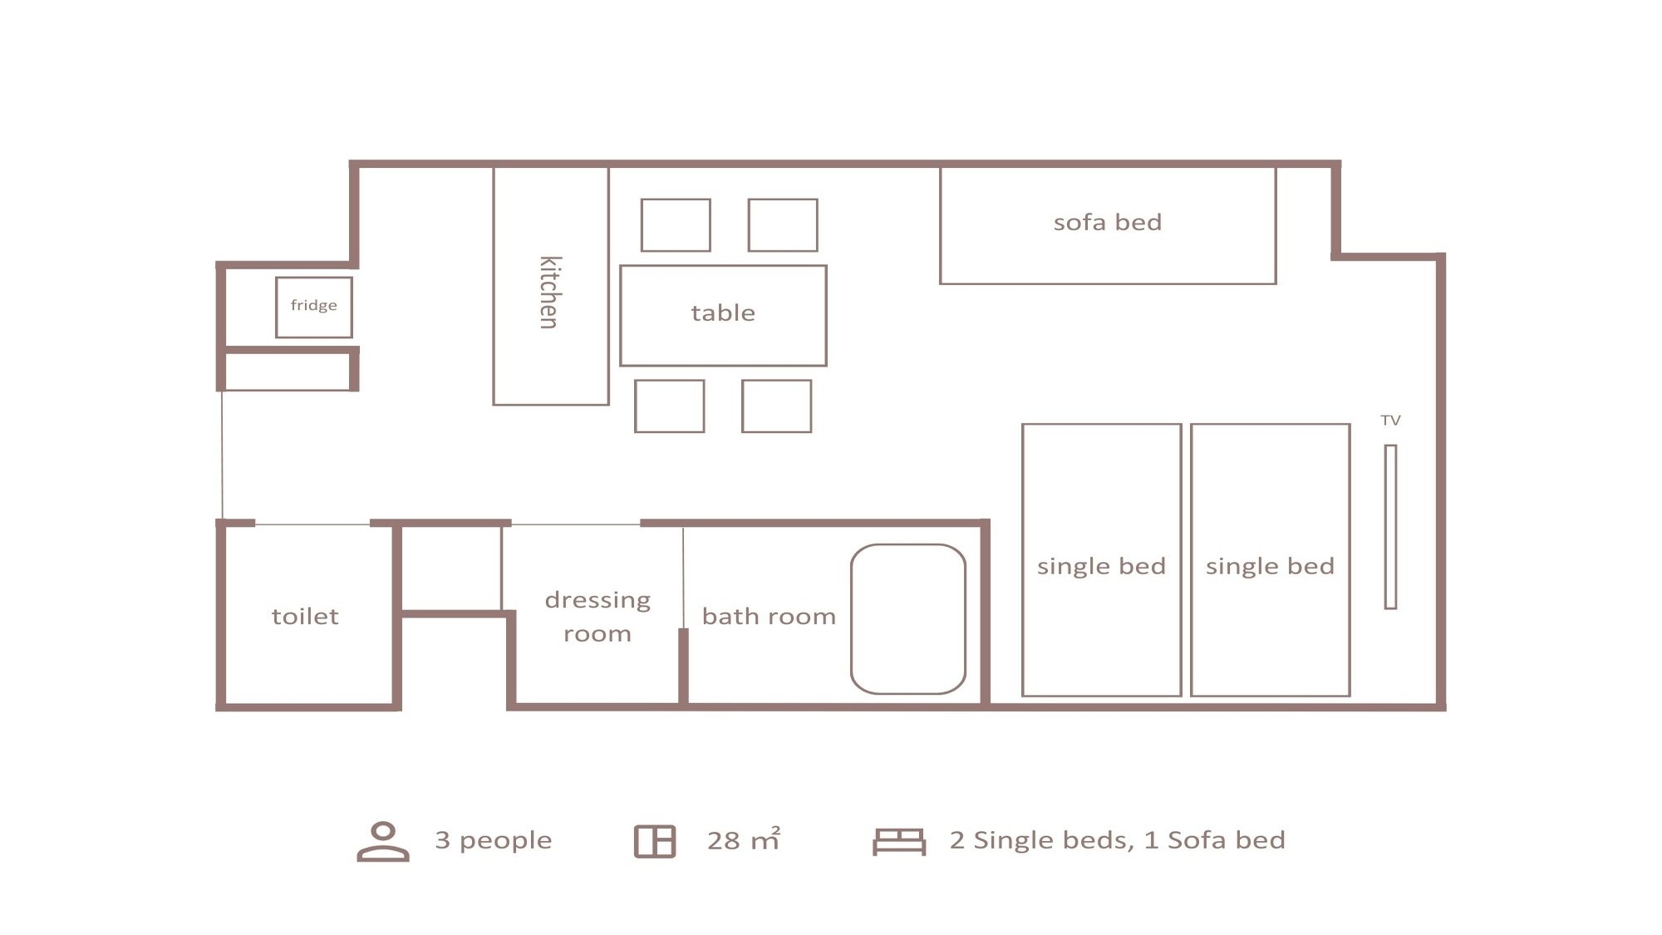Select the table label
coord(723,313)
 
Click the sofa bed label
coord(1108,222)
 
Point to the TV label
coord(1390,421)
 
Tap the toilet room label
coord(305,616)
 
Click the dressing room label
coord(597,617)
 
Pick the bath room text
coord(769,616)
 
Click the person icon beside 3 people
coord(383,841)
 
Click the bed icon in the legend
coord(899,841)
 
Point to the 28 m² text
coord(744,839)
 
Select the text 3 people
coord(494,840)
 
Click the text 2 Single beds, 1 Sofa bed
coord(1118,840)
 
